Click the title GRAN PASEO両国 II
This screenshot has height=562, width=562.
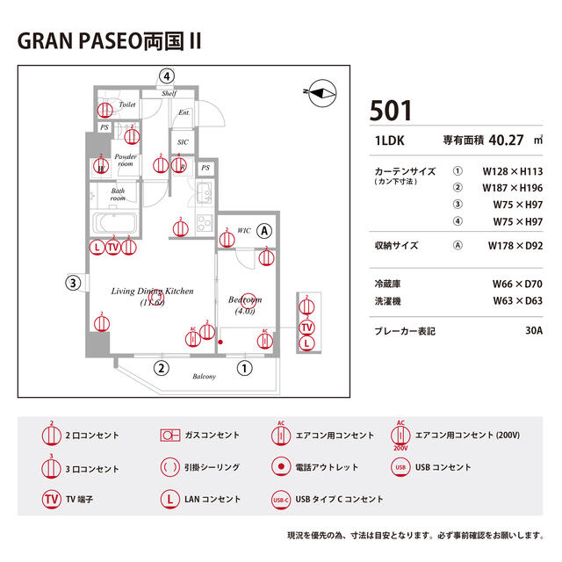pos(109,43)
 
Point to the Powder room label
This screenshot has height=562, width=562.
pos(125,160)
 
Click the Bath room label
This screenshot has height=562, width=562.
pos(118,195)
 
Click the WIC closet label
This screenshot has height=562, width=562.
pos(243,231)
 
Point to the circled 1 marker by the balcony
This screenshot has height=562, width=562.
pos(245,369)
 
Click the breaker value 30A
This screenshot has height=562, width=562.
pos(533,331)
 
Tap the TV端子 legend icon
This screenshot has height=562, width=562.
pos(52,499)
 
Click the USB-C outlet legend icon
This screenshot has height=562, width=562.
pos(280,499)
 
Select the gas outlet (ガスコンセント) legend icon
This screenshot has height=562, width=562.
pos(169,435)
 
